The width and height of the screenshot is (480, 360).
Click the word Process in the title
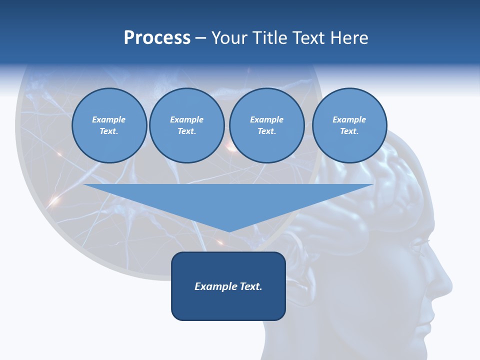[157, 38]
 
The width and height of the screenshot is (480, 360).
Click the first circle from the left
[109, 125]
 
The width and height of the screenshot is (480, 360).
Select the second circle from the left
[186, 125]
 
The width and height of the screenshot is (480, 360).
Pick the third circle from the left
[266, 125]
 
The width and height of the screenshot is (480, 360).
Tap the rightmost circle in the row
[349, 125]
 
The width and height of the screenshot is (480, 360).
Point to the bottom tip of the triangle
[228, 231]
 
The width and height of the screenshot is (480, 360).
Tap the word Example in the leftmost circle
[109, 119]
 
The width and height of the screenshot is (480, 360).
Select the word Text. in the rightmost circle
[349, 131]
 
